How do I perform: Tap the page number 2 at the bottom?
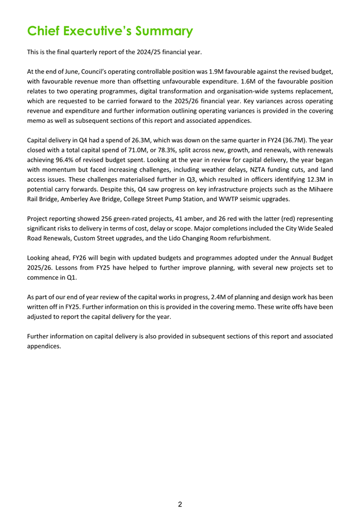click(180, 505)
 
